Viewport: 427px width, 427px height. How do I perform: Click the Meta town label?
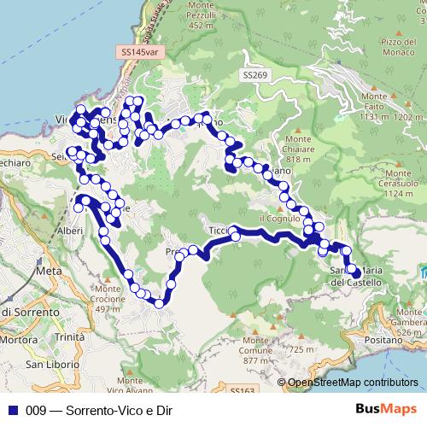tap(52, 271)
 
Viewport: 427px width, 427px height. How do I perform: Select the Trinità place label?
tap(69, 337)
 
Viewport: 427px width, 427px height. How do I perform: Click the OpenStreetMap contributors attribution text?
tap(353, 382)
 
